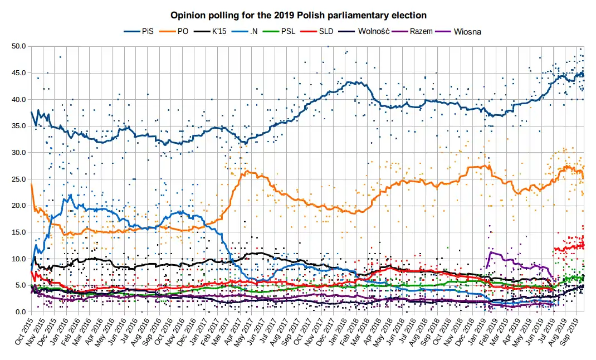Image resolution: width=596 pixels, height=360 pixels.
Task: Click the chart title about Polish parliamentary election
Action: point(299,14)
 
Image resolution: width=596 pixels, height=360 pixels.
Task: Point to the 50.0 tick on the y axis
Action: point(18,46)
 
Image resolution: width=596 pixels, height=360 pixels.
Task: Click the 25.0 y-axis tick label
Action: point(18,179)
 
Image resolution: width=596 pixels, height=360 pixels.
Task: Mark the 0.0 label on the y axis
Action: point(21,312)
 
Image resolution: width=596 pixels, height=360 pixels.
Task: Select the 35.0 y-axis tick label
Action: point(18,126)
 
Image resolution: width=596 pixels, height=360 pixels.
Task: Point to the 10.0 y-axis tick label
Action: point(18,259)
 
